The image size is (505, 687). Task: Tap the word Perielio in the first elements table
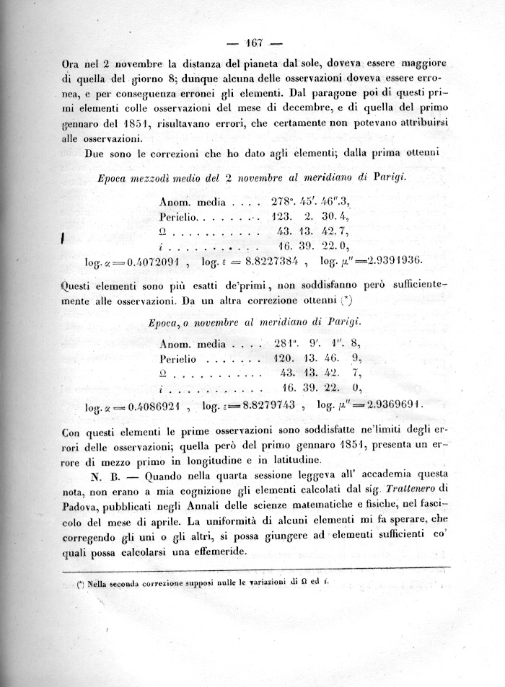click(178, 216)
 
